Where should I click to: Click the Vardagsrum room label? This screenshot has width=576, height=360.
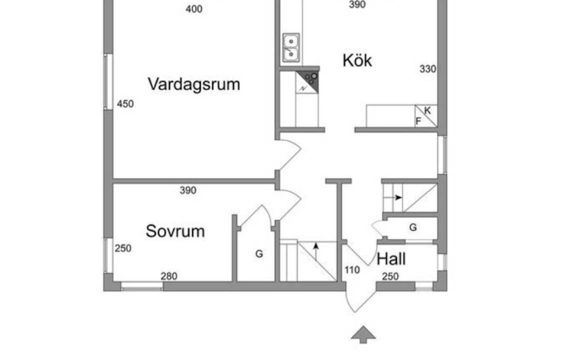pos(194,84)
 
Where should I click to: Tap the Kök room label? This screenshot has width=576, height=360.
pos(357,60)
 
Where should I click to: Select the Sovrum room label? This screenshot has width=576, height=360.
pos(175,231)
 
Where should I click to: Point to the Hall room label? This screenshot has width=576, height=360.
pos(391,259)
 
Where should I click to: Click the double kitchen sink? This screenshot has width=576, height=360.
pos(291,47)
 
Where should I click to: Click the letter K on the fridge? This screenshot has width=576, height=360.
pos(427,110)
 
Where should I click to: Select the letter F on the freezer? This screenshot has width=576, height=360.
pos(418,121)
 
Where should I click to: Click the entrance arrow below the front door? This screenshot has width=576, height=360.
pos(363,334)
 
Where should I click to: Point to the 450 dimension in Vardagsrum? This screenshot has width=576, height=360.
pos(125,104)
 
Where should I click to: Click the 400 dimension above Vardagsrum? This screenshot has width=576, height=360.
pos(194,9)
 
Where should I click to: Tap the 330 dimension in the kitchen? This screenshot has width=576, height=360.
pos(428,69)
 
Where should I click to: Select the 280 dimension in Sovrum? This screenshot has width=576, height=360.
pos(169,276)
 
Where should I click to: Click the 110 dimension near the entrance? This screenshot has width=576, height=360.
pos(352,270)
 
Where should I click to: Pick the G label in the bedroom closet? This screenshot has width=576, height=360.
pos(259,254)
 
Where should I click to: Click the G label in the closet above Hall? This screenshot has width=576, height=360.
pos(413,228)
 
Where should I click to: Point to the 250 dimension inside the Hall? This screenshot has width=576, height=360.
pos(390,276)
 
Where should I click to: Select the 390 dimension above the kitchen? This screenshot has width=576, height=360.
pos(357,5)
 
